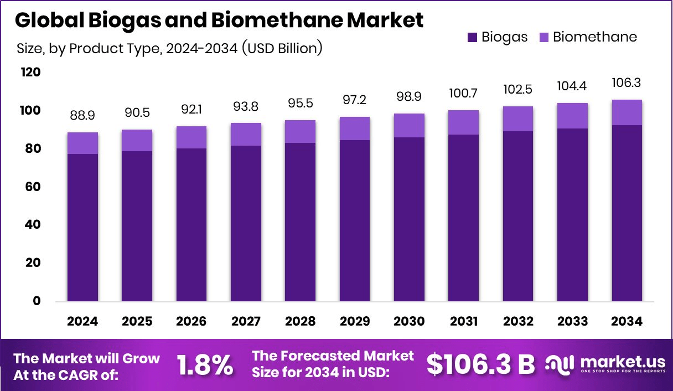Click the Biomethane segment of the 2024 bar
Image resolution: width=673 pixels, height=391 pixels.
[x=82, y=143]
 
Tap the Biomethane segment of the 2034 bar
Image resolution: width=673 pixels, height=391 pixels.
[x=627, y=112]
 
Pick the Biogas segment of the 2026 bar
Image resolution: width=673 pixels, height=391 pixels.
[x=191, y=224]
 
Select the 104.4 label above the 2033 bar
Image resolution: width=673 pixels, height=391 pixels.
[x=572, y=86]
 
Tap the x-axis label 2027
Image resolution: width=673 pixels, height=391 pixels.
[x=246, y=322]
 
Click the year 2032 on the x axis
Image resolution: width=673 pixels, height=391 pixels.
[x=517, y=322]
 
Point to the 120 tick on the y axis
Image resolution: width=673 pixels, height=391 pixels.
[x=30, y=73]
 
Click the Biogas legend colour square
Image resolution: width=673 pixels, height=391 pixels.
[x=472, y=37]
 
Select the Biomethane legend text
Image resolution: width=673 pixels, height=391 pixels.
[x=594, y=37]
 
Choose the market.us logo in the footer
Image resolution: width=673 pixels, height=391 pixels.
[x=605, y=364]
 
